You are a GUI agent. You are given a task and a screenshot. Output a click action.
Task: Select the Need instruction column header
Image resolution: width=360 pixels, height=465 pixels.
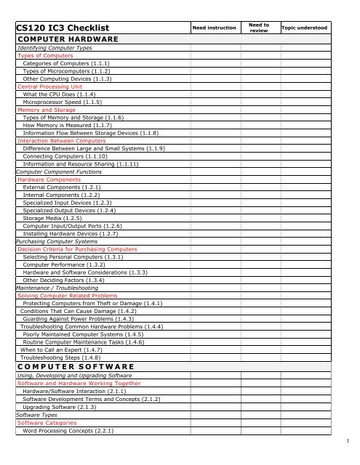(x=214, y=28)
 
